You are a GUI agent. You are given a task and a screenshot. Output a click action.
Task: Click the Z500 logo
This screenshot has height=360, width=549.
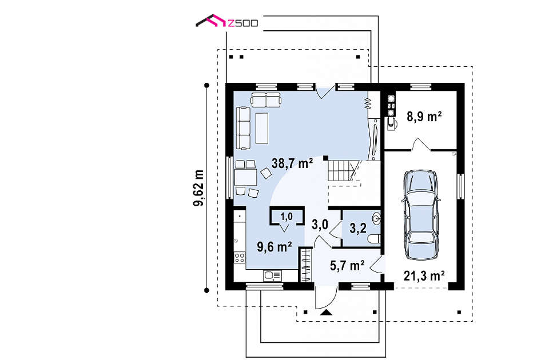[x=227, y=21]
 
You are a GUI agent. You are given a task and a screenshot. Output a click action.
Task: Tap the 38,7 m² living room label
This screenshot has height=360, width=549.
[x=292, y=163]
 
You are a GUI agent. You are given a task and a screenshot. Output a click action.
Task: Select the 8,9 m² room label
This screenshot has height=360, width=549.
[x=424, y=116]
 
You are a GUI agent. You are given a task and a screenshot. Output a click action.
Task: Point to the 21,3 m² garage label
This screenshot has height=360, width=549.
[x=424, y=275]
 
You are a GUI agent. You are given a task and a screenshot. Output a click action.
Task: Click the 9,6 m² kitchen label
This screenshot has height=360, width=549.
[x=275, y=247]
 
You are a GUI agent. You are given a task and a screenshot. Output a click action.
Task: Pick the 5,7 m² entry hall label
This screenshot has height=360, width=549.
[x=347, y=266]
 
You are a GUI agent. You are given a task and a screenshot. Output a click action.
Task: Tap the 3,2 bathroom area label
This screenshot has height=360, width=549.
[x=358, y=228]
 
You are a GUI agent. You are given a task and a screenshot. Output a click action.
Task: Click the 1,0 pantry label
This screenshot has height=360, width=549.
[x=287, y=217]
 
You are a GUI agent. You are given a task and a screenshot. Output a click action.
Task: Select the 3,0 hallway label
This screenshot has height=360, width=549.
[x=320, y=225]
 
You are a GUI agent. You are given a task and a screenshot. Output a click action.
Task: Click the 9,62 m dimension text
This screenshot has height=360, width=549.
[x=199, y=188]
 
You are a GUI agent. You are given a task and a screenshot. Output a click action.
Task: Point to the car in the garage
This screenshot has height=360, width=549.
[x=420, y=215]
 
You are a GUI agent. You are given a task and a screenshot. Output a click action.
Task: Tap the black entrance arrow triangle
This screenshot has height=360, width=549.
[x=327, y=313]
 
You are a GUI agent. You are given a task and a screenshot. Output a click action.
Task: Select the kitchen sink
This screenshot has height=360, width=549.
[x=272, y=275]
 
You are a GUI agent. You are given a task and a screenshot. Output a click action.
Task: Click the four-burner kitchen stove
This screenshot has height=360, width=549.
[x=240, y=258]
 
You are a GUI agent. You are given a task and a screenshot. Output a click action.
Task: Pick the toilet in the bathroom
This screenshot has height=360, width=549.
[x=374, y=239]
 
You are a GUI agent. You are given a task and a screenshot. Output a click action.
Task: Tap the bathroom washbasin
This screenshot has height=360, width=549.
[x=377, y=219]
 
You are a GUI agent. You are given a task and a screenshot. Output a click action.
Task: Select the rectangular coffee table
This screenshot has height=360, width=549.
[x=262, y=128]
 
